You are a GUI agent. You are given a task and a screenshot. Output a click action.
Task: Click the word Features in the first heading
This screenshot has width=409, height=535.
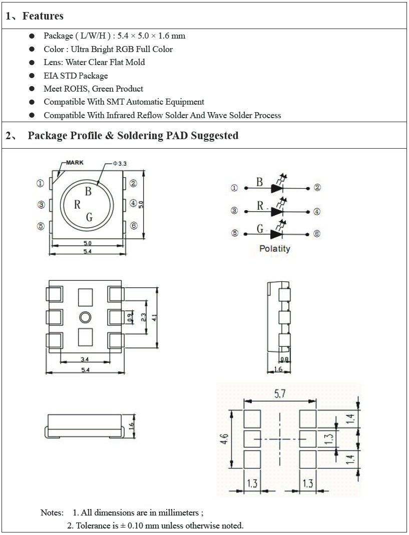43,16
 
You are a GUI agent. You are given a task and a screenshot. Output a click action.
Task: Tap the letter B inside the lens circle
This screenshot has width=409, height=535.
88,191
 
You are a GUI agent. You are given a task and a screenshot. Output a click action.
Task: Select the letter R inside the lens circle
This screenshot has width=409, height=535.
77,204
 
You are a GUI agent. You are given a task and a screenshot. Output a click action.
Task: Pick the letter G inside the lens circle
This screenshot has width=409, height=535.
89,217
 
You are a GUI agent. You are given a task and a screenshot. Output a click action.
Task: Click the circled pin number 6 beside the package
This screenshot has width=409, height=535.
134,226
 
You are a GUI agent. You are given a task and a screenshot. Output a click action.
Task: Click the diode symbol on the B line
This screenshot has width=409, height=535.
278,188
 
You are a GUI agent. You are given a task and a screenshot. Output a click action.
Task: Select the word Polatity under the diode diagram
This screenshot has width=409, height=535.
274,248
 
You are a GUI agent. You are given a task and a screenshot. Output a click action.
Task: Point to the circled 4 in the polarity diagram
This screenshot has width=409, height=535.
317,212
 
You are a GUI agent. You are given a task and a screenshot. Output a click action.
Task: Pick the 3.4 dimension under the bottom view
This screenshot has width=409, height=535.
85,359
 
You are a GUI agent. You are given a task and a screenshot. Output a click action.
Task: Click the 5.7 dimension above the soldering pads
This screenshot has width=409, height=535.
280,394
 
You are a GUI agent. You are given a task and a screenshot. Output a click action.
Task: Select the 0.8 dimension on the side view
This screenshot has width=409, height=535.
284,359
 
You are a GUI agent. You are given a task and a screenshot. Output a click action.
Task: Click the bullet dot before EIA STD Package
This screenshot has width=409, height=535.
32,76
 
